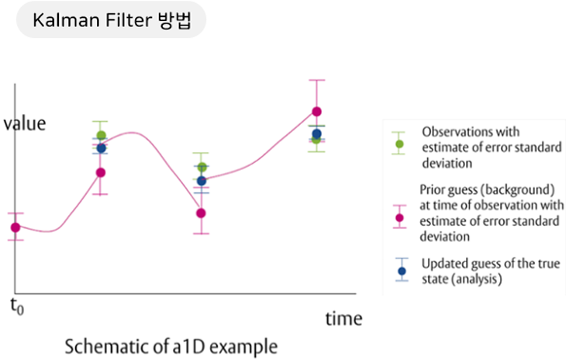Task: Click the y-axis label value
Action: pos(25,123)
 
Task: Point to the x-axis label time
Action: pos(343,318)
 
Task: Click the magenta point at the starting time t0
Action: pos(15,227)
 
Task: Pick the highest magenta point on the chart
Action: pos(316,112)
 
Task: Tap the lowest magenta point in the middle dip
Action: pos(201,213)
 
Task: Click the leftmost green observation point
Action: pos(101,136)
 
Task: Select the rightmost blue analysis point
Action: pos(316,134)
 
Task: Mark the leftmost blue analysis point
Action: pos(101,148)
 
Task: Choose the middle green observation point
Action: pos(202,168)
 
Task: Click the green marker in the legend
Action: pos(399,144)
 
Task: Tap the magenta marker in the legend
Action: pos(399,217)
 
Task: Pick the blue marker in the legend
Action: pos(401,271)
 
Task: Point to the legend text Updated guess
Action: pos(454,264)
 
